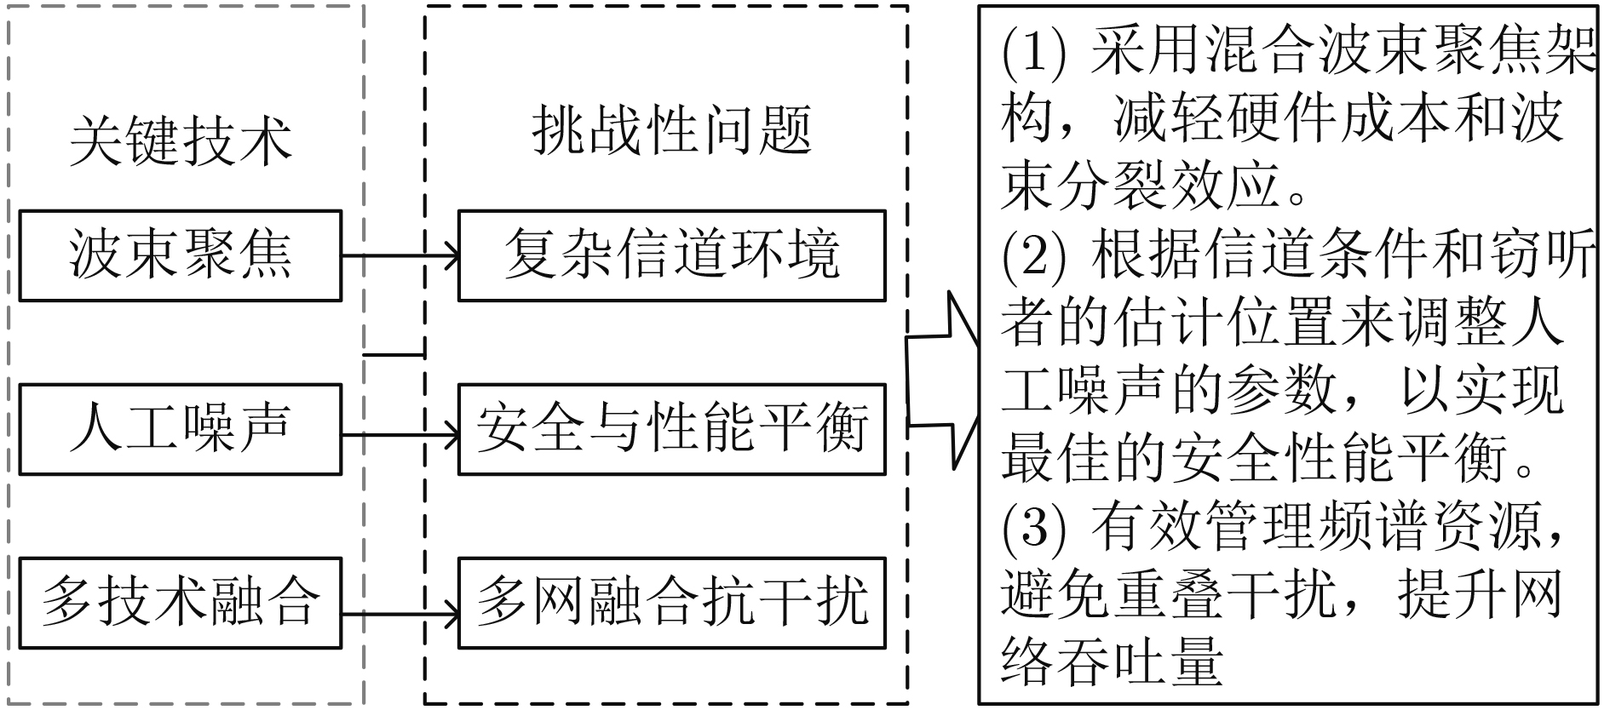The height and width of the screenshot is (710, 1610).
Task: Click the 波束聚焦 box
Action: (x=180, y=255)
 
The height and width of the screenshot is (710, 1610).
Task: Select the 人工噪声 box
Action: (x=180, y=429)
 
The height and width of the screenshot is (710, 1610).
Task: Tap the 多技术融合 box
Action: (x=180, y=602)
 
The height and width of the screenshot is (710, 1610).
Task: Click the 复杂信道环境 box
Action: (x=671, y=255)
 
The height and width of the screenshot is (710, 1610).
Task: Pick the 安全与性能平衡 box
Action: (x=671, y=429)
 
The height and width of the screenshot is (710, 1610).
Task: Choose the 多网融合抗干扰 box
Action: (x=671, y=602)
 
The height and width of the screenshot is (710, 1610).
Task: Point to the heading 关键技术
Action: (x=181, y=140)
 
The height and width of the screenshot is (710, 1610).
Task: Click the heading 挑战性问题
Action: (x=671, y=132)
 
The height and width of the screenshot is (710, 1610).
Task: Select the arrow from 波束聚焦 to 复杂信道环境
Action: (x=400, y=255)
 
